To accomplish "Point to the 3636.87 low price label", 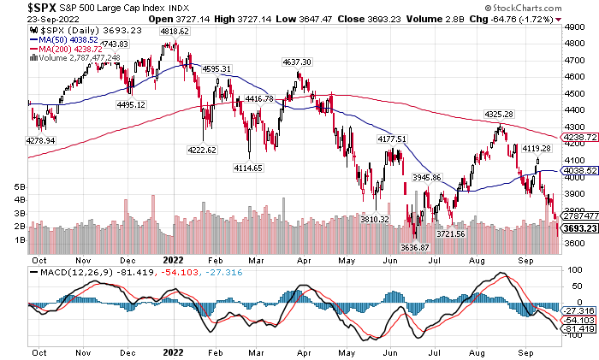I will (416, 247).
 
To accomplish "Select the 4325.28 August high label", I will (498, 114).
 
